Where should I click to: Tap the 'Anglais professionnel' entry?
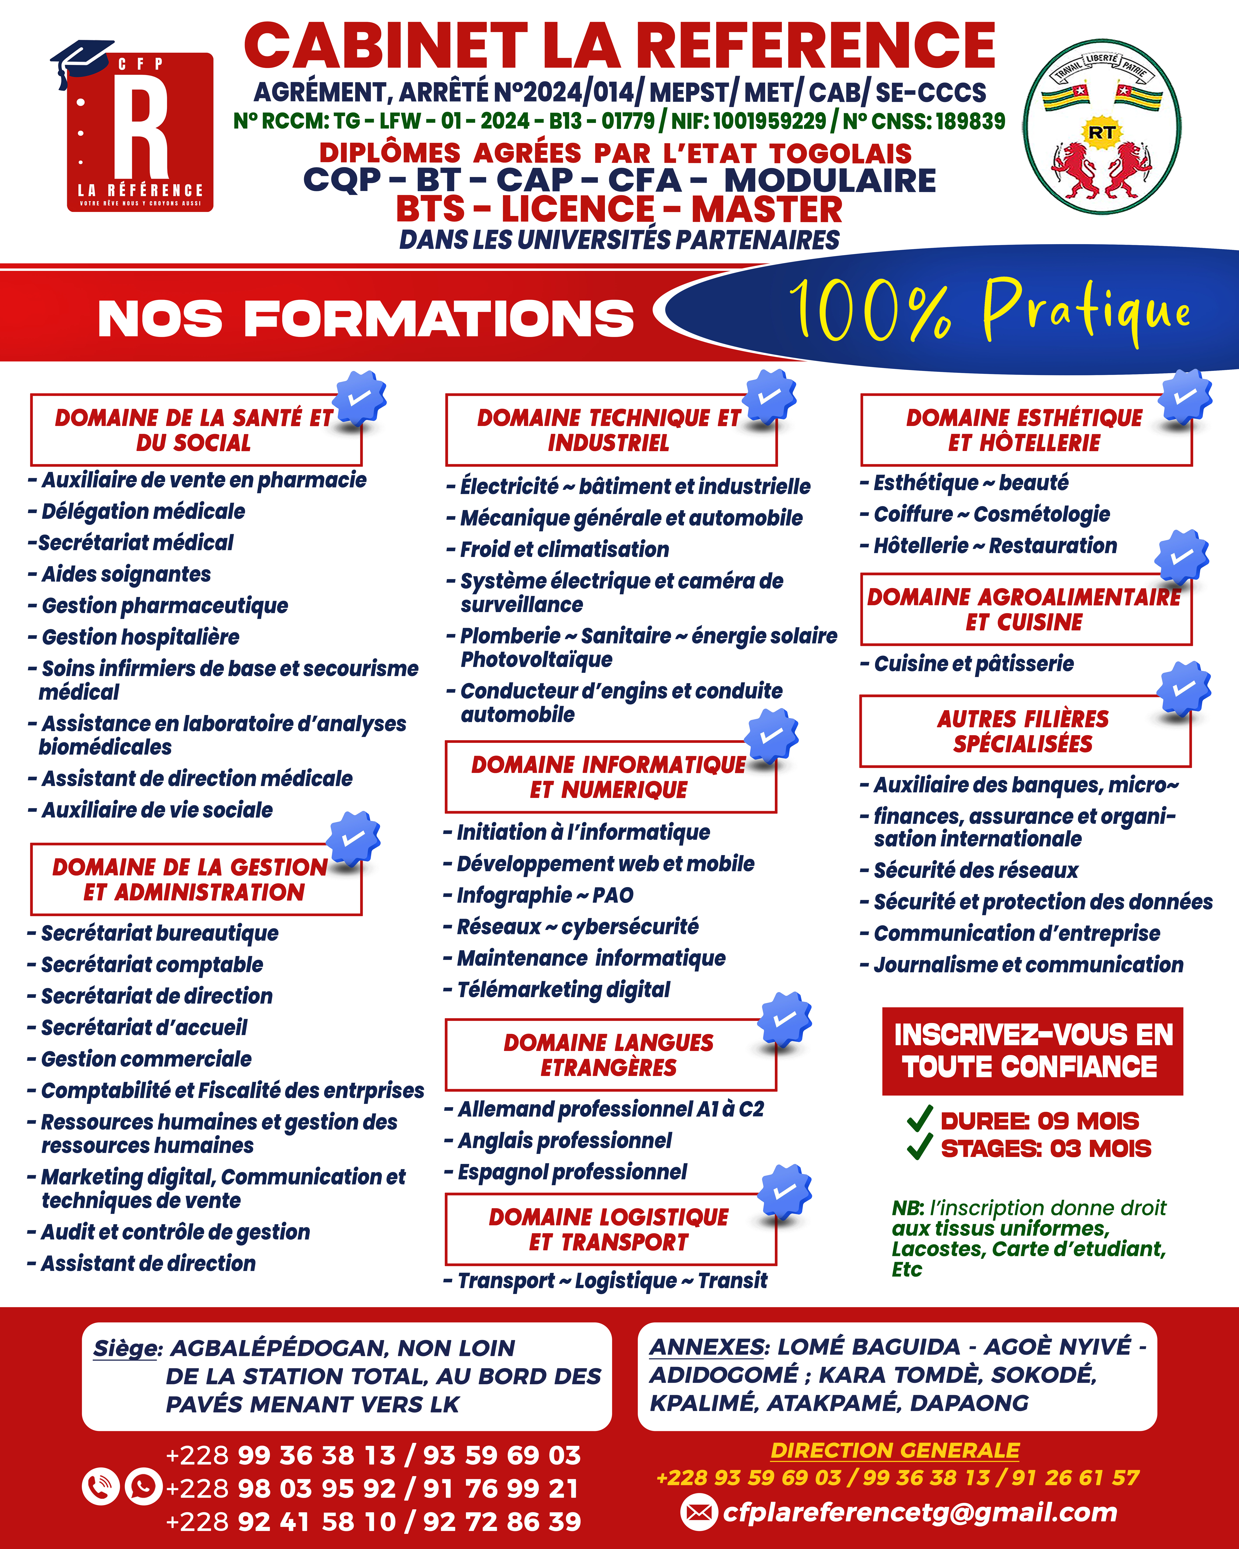coord(565,1141)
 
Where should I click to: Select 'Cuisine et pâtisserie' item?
coord(973,664)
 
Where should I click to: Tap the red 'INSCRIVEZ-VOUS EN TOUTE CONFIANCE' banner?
coord(1032,1051)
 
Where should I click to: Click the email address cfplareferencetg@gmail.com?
coord(919,1512)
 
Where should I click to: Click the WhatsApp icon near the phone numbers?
coord(144,1486)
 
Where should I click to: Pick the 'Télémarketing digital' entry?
coord(564,990)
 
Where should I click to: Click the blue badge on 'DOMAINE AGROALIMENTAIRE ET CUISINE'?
coord(1181,557)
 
